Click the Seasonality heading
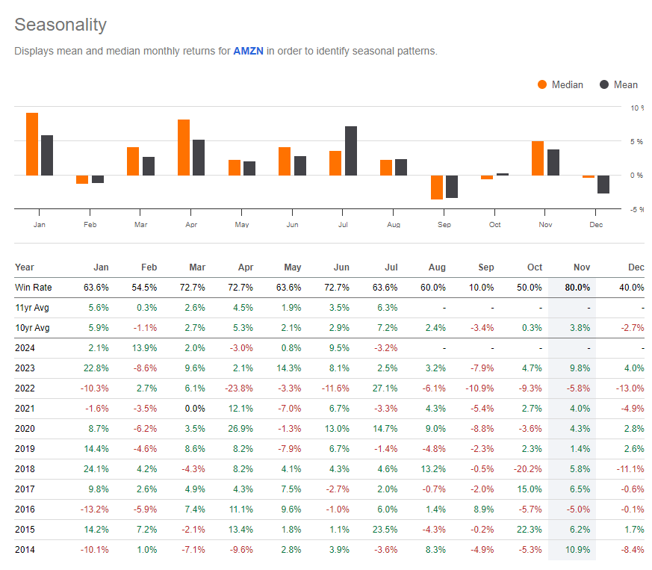[60, 25]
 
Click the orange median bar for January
[32, 143]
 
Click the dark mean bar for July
[351, 151]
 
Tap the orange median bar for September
[436, 187]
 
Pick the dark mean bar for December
[603, 184]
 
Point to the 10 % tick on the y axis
[636, 108]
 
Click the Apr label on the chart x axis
[191, 225]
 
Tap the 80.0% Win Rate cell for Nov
[577, 287]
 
